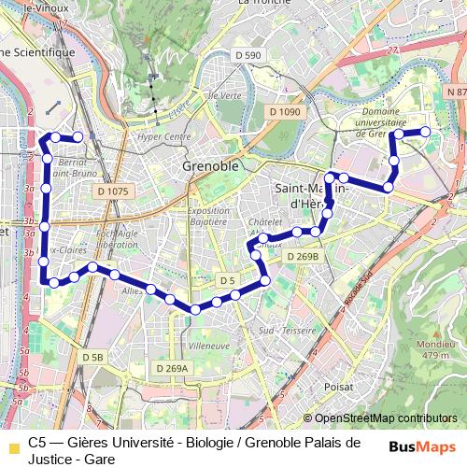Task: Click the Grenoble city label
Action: [x=211, y=166]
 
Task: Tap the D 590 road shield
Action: [x=248, y=56]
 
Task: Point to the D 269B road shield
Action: [x=303, y=256]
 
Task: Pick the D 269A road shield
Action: [x=172, y=369]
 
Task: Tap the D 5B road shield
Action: [x=92, y=357]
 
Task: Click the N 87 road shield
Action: [x=456, y=92]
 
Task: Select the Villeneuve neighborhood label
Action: [x=209, y=346]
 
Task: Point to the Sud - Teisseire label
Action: [x=287, y=330]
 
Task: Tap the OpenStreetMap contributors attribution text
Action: [x=385, y=418]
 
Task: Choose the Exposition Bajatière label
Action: [x=209, y=217]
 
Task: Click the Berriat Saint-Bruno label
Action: [x=78, y=167]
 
